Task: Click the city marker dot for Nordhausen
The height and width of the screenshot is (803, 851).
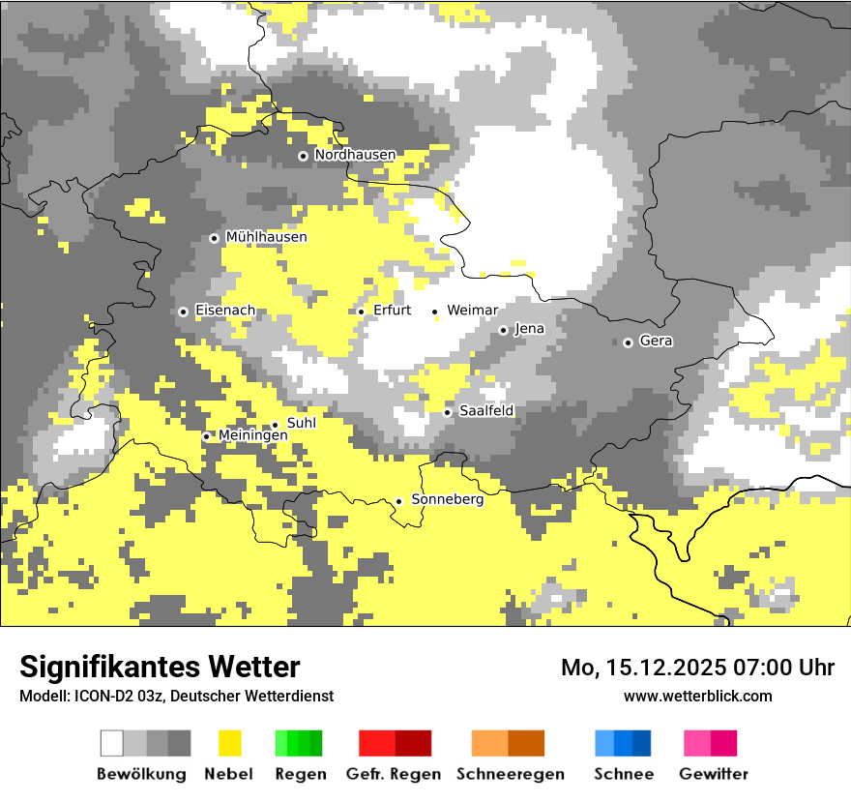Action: click(x=303, y=156)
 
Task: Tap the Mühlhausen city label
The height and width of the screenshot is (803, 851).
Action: click(x=266, y=237)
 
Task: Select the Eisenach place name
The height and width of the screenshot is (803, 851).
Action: click(x=225, y=311)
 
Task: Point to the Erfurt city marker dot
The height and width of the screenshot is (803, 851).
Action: click(x=361, y=312)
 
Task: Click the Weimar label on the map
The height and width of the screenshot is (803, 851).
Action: click(x=472, y=311)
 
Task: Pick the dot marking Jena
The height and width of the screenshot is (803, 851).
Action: click(x=503, y=330)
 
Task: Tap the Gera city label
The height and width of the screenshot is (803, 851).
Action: click(x=656, y=342)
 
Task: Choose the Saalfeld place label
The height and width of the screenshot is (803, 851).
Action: click(x=486, y=411)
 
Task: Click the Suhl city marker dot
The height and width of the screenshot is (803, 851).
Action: click(x=275, y=424)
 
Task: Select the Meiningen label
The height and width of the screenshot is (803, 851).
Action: click(x=253, y=436)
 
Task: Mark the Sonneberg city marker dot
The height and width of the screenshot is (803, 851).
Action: click(x=398, y=501)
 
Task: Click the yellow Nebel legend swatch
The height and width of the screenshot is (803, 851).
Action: click(x=229, y=743)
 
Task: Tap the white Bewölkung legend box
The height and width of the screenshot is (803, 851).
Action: click(x=112, y=743)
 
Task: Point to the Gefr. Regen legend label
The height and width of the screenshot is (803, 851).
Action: click(x=394, y=774)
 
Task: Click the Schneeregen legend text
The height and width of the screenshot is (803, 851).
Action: click(x=511, y=774)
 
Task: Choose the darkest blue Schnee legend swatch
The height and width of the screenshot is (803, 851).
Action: click(x=642, y=743)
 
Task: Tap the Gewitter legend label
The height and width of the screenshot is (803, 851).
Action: click(x=714, y=774)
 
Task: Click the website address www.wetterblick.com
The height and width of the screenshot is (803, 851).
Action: click(x=697, y=696)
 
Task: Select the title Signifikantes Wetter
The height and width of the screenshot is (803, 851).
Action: click(x=160, y=667)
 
